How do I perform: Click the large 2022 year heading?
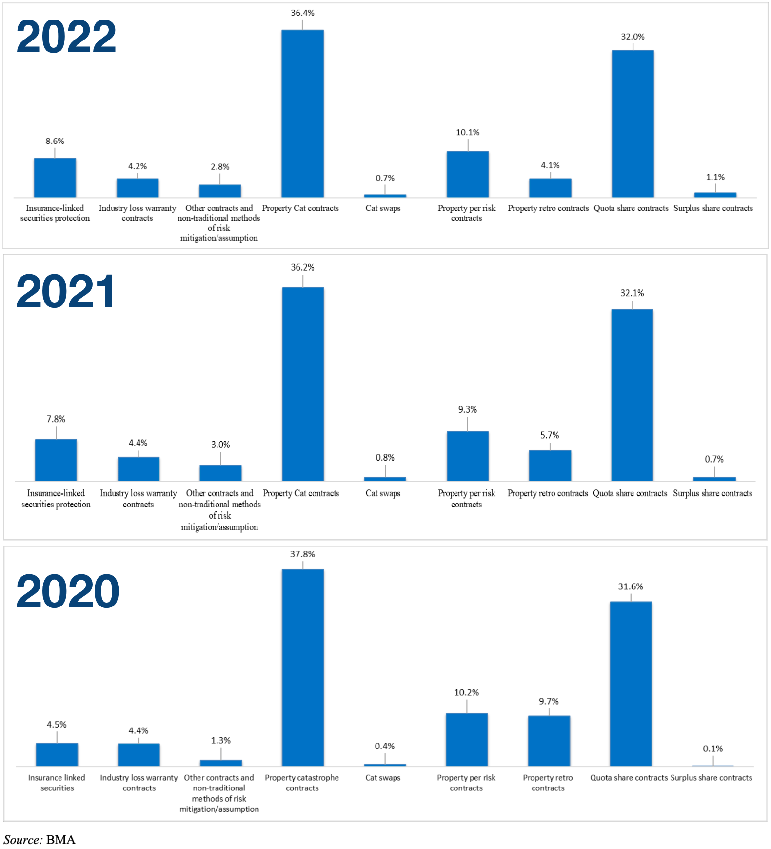tap(66, 37)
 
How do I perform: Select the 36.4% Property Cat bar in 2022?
tap(302, 114)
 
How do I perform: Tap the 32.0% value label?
tap(633, 37)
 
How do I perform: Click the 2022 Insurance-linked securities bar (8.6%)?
tap(55, 178)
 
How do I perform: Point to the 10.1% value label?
tap(467, 132)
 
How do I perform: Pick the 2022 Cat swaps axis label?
tap(383, 208)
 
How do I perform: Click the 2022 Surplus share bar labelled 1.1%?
tap(715, 195)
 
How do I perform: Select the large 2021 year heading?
tap(65, 292)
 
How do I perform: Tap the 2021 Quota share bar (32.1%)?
tap(632, 395)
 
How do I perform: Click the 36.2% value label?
tap(302, 267)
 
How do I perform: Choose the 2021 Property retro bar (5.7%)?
tap(550, 465)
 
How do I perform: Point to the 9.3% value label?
tap(467, 409)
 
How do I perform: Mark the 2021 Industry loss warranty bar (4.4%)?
tap(138, 468)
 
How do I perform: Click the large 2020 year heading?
tap(67, 591)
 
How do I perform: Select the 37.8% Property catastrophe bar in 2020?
tap(302, 667)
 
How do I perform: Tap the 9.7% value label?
tap(549, 701)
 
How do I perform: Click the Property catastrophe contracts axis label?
tap(302, 783)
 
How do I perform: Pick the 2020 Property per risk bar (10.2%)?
tap(466, 739)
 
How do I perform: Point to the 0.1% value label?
tap(712, 748)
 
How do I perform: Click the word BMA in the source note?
tap(61, 840)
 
